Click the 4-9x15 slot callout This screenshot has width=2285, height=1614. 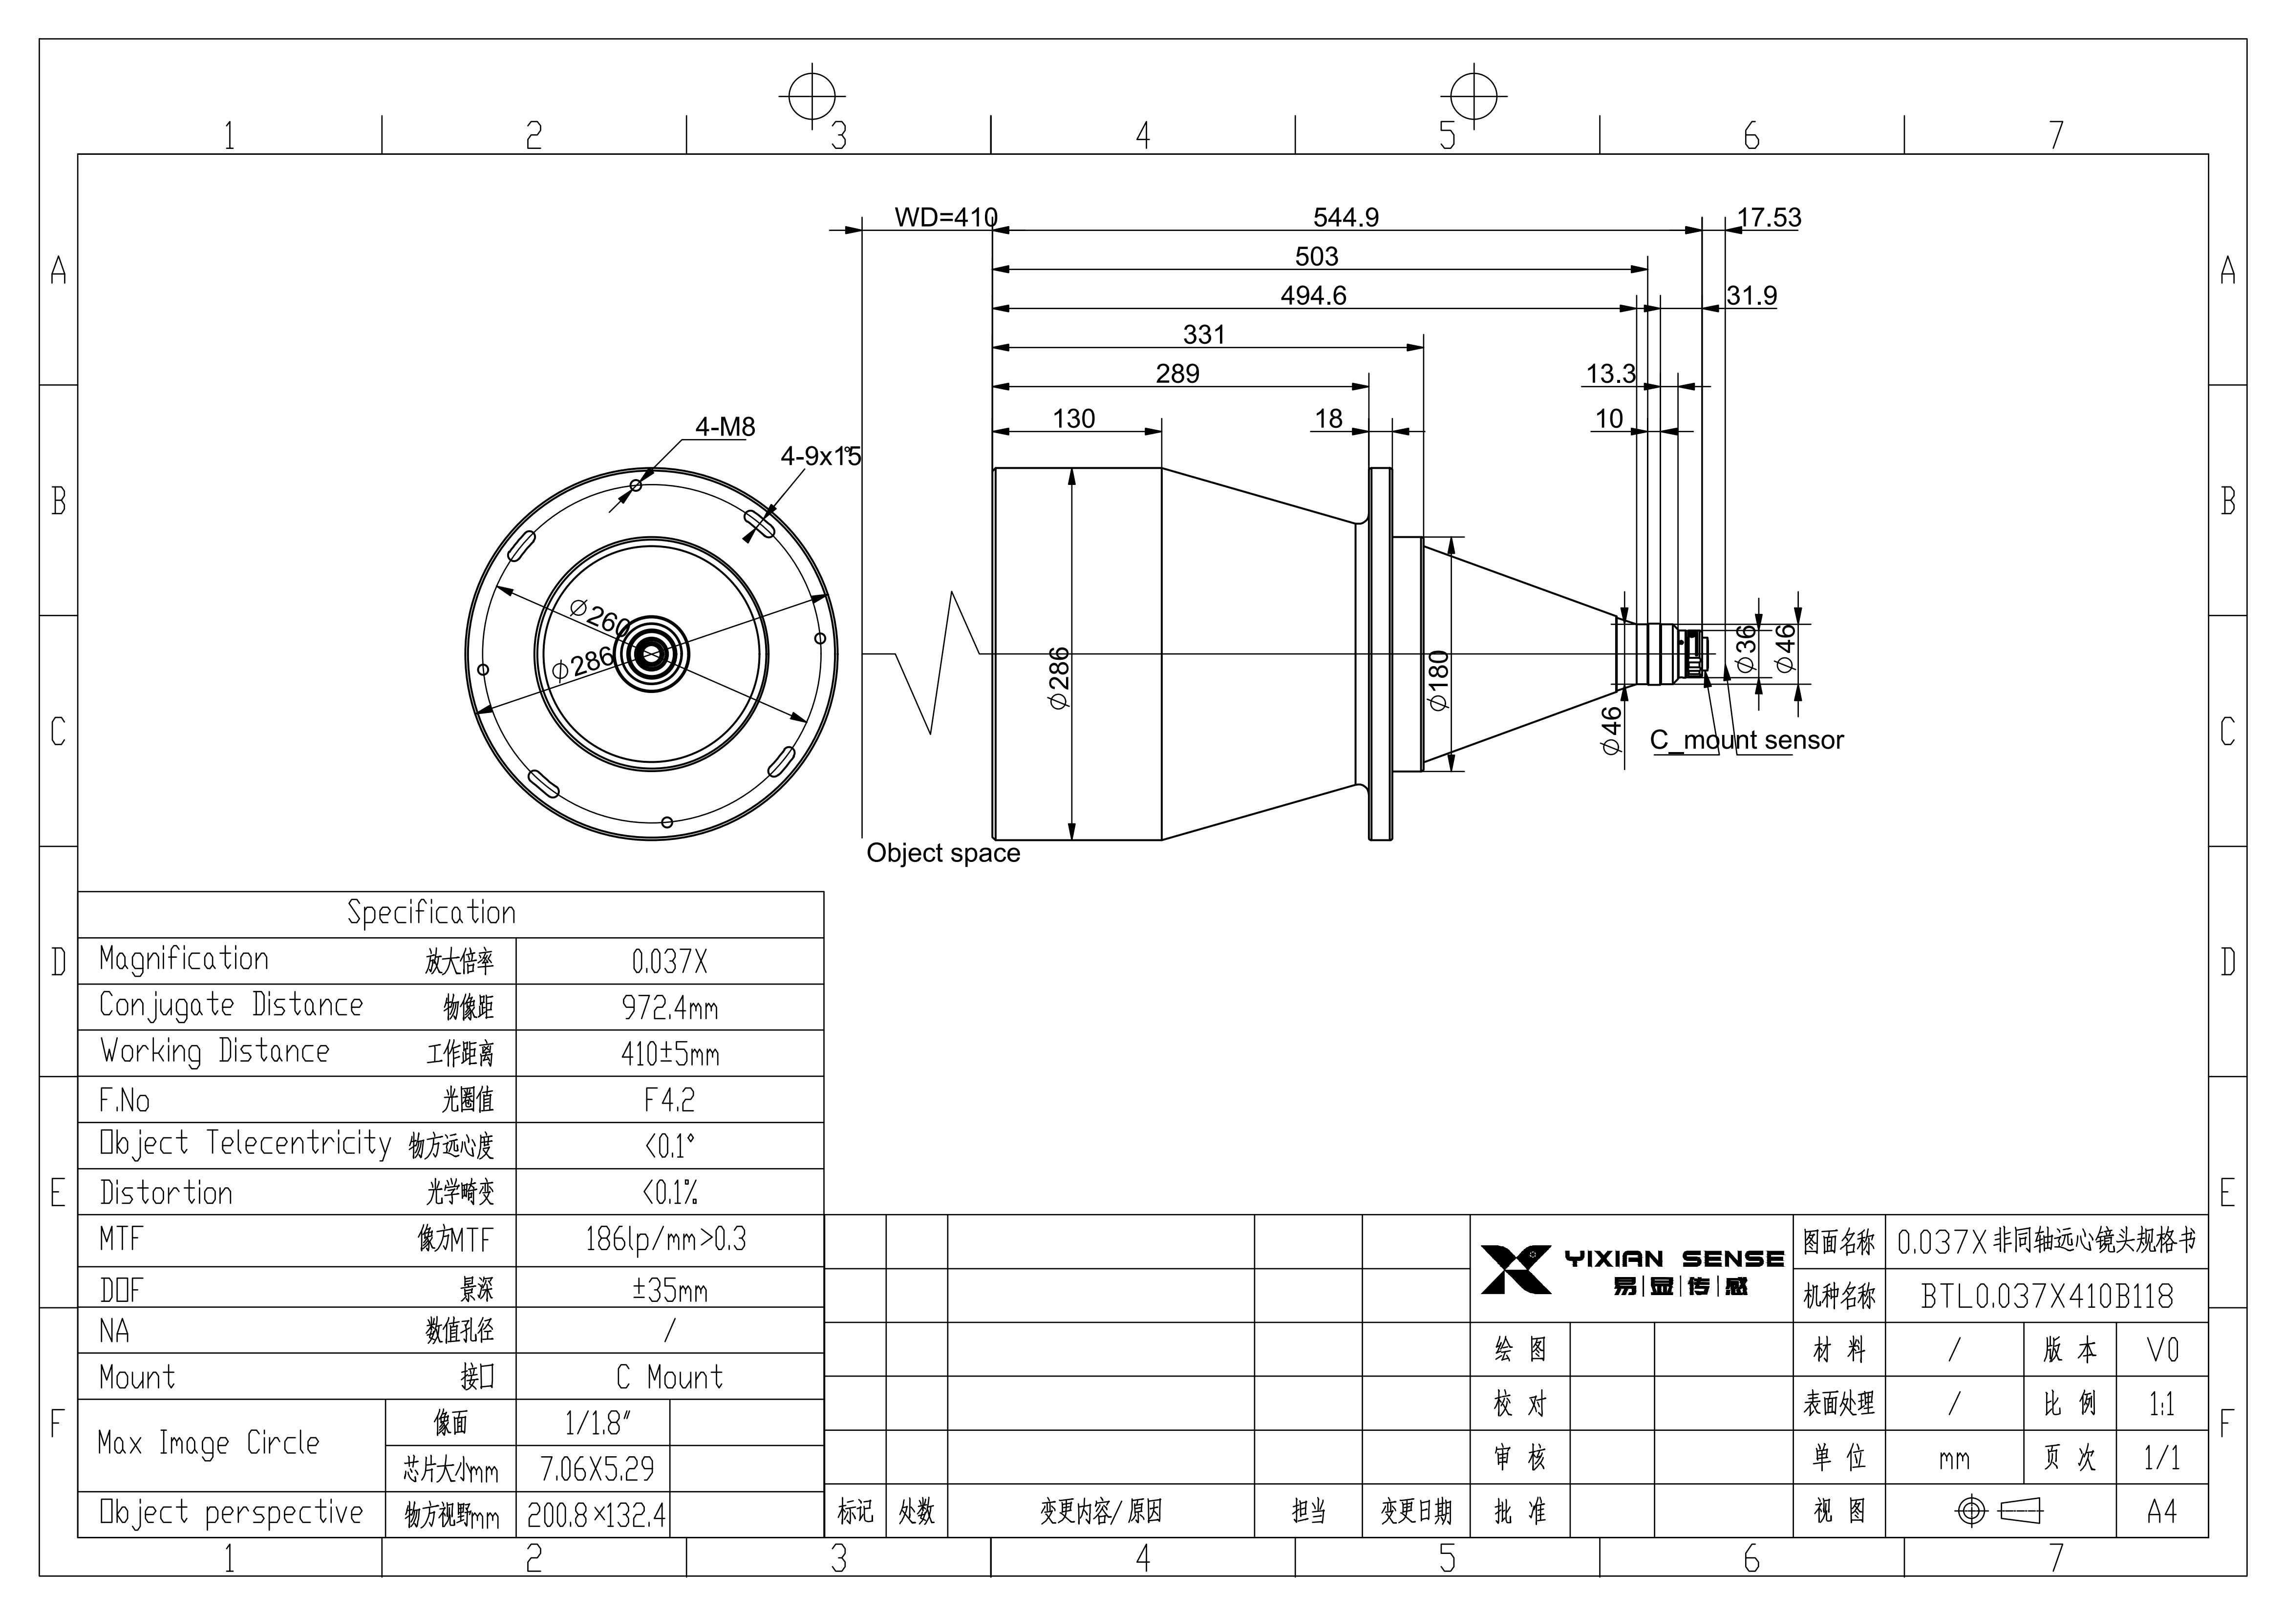point(820,456)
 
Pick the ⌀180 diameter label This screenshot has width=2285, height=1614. point(1439,681)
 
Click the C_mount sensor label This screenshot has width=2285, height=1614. point(1747,740)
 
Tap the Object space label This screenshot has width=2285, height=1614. point(943,853)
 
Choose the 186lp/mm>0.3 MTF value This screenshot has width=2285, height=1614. point(666,1239)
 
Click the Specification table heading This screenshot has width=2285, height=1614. point(431,912)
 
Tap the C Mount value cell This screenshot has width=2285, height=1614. point(669,1377)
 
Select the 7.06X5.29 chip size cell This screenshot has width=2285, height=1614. point(597,1469)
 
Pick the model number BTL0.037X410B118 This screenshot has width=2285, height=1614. point(2047,1296)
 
